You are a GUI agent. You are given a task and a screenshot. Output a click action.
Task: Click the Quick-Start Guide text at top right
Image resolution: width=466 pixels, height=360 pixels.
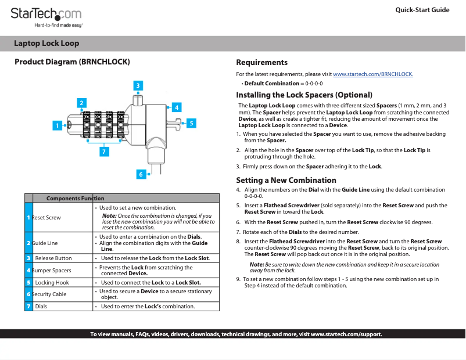[422, 10]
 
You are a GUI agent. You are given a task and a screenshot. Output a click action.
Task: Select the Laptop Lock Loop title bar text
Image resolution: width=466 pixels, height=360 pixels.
[46, 44]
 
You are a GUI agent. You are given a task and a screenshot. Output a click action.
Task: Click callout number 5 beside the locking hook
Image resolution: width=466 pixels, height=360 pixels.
[191, 123]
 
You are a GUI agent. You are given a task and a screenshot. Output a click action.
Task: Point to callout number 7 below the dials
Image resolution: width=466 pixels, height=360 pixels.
[104, 152]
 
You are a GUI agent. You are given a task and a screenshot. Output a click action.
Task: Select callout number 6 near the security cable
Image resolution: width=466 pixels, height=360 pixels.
[141, 174]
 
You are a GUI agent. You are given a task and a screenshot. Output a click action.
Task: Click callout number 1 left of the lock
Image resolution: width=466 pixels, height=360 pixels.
[58, 125]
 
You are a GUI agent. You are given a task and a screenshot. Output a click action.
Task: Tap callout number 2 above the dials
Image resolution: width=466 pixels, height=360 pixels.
[82, 103]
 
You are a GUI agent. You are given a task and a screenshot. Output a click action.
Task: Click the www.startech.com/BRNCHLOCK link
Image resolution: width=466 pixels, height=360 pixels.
[372, 74]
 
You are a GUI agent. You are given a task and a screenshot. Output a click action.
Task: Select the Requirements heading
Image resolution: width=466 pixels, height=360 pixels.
[261, 62]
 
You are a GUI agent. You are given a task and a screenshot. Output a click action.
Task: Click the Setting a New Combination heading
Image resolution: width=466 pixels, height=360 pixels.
[286, 180]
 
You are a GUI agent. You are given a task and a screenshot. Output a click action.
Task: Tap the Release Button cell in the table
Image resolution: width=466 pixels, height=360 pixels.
[53, 258]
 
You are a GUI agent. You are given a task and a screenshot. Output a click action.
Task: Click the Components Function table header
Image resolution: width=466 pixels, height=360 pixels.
[75, 199]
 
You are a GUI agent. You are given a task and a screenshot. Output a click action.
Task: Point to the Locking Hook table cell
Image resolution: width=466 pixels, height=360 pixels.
[52, 282]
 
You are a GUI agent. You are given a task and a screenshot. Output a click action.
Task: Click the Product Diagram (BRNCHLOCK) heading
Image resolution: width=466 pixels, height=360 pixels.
[71, 62]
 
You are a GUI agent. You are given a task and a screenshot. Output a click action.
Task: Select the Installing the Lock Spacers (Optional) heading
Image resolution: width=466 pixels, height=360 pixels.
[304, 95]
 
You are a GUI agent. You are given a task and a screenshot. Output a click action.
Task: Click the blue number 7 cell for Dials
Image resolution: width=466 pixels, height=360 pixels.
[28, 306]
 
